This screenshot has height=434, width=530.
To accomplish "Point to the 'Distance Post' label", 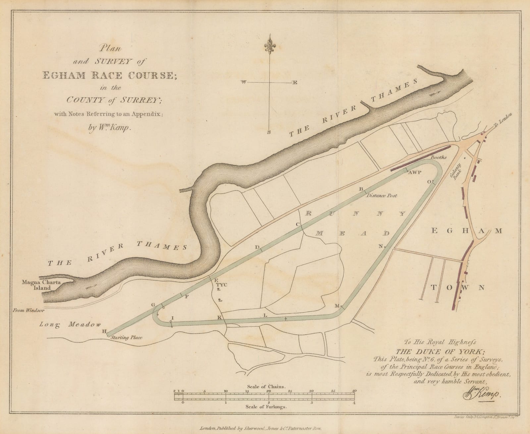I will click(382, 196).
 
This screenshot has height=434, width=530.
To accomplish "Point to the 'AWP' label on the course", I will click(414, 173).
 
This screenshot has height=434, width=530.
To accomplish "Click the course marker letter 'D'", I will click(257, 247).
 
